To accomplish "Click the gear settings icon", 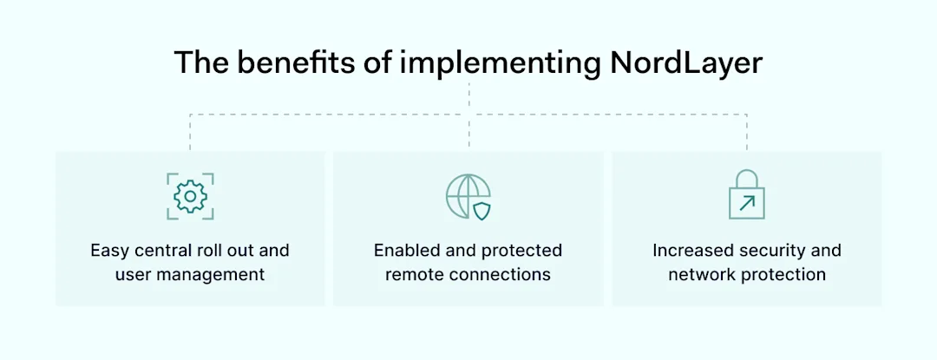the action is click(190, 196).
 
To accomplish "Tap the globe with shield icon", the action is click(468, 196).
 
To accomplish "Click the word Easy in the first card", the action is click(108, 251).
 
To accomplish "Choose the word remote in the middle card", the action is click(415, 275).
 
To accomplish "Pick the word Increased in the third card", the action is click(691, 251).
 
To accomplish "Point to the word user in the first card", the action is click(133, 275).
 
